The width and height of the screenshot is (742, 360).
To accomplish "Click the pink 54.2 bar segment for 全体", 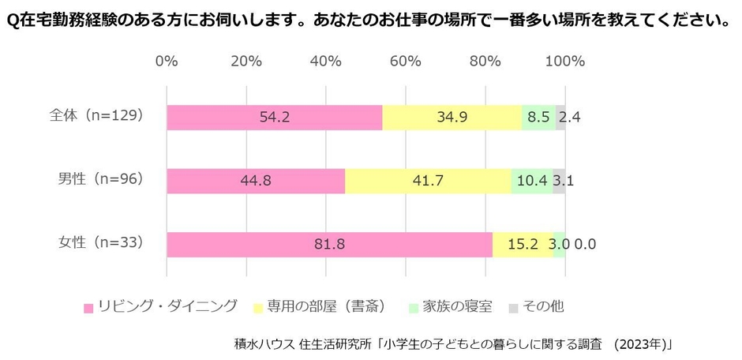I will tap(274, 117).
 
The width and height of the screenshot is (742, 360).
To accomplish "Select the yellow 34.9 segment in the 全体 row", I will tap(452, 117).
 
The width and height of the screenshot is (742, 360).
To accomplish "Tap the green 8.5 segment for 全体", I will tap(538, 117).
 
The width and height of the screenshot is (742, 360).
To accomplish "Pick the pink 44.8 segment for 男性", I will tap(256, 181).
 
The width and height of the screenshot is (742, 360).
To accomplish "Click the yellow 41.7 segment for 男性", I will tap(428, 181).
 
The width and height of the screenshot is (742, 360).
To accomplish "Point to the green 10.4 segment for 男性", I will tap(531, 181).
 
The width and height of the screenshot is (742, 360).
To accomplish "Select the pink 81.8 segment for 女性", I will tap(329, 245).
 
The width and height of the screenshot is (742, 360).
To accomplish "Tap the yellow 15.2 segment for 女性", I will tap(523, 245).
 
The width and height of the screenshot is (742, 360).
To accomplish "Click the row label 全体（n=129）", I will tap(96, 115).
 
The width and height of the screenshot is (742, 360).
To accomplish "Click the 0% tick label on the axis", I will tap(167, 62).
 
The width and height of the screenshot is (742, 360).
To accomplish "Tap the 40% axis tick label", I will tap(325, 62).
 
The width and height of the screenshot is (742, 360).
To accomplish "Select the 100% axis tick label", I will tap(564, 62).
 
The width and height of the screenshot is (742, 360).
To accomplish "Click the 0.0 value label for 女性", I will tap(585, 245).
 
